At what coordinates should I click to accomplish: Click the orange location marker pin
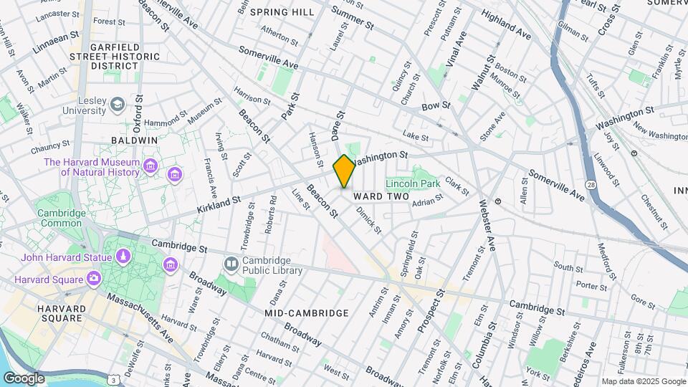(x=344, y=171)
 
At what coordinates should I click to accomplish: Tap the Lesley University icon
(x=116, y=105)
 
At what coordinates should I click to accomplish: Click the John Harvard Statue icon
(x=124, y=257)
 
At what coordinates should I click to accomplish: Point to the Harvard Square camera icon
(x=94, y=278)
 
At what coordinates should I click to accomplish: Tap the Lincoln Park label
(x=413, y=183)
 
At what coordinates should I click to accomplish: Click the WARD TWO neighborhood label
(x=381, y=196)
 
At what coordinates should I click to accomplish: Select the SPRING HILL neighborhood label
(x=282, y=12)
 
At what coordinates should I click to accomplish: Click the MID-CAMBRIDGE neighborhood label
(x=307, y=313)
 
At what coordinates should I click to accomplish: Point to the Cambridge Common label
(x=59, y=218)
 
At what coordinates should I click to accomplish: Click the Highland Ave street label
(x=505, y=24)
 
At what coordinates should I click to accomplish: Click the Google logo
(x=24, y=378)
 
